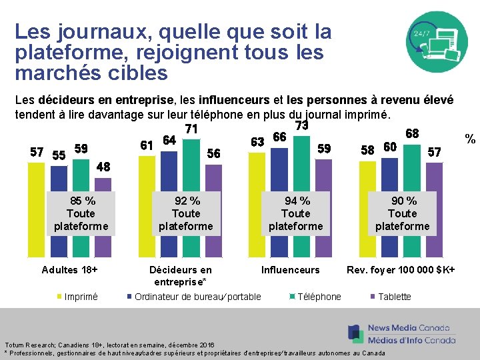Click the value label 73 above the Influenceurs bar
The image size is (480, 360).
click(301, 125)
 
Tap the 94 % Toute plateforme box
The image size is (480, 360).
click(295, 213)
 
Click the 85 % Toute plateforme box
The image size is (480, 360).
click(81, 213)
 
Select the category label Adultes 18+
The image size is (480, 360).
click(70, 270)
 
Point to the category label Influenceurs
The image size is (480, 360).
click(290, 270)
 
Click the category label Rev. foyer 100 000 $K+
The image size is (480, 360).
click(401, 270)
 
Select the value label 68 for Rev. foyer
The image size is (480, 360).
click(412, 134)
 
